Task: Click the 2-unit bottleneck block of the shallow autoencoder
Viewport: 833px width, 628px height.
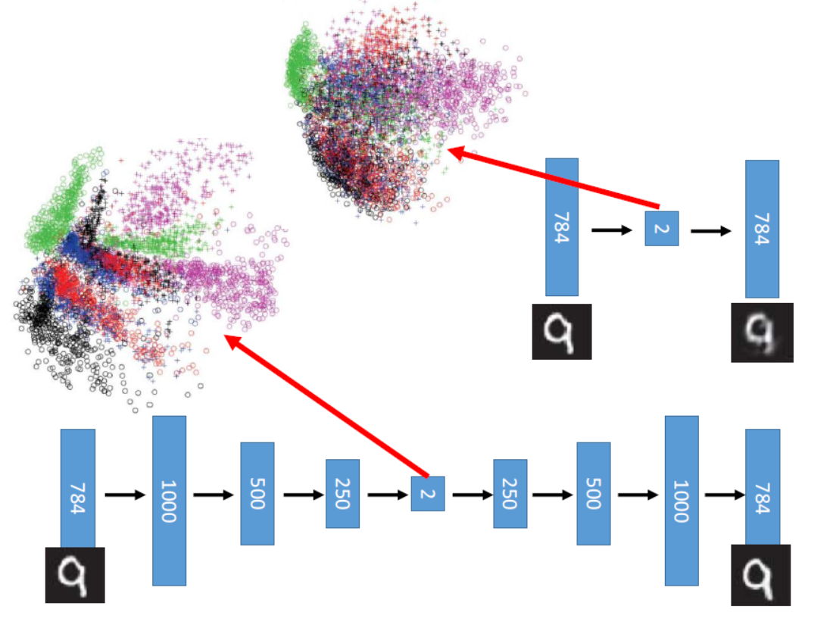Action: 661,228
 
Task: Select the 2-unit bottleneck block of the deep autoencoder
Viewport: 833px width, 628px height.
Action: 428,493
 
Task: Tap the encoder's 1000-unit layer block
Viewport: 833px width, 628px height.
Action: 169,500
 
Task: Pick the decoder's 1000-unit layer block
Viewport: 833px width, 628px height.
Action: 682,500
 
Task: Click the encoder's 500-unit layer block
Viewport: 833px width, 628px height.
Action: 257,493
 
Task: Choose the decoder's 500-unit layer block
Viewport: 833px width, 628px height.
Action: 593,493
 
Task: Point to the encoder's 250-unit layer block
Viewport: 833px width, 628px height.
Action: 342,493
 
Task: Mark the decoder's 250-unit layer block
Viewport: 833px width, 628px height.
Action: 510,493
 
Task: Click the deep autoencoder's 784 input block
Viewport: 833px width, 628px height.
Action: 77,487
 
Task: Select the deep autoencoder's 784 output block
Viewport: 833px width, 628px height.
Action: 762,487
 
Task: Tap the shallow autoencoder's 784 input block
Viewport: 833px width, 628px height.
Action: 562,227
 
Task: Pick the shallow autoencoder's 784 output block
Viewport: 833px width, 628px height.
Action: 762,228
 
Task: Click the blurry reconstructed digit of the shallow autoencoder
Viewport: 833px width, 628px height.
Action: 762,332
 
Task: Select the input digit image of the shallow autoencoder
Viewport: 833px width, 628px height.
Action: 561,331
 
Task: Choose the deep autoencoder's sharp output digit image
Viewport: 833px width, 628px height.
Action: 760,574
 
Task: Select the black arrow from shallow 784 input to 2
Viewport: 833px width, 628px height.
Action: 611,229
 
